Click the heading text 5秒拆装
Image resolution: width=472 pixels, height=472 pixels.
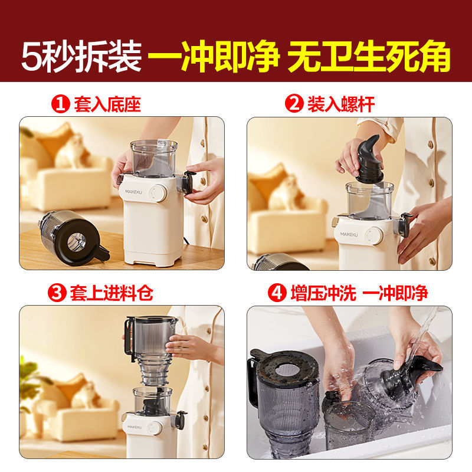82,57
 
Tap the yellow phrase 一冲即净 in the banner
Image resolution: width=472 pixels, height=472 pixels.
213,57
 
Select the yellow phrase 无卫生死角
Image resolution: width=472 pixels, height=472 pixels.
369,57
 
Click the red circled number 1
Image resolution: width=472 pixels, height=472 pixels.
60,106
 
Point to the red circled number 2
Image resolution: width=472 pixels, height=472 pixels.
294,106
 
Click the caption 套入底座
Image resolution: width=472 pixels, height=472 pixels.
107,106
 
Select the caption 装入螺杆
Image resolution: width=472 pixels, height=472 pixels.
341,106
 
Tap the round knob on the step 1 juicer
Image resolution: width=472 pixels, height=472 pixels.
159,192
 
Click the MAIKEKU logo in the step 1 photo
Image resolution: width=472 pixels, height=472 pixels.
135,192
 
